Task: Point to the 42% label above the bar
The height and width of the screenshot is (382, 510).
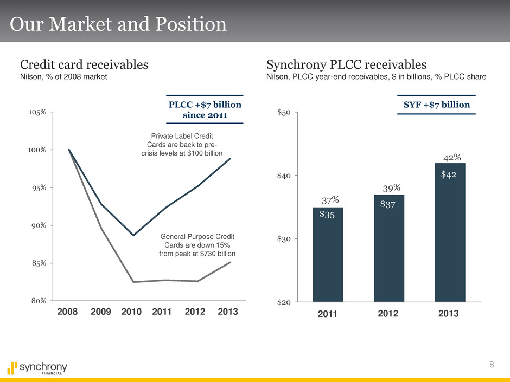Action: pos(452,158)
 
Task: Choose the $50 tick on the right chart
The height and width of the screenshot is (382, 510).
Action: pos(285,112)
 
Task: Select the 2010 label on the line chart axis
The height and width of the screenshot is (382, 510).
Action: pos(131,313)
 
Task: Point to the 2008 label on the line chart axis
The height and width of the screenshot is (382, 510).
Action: pos(67,313)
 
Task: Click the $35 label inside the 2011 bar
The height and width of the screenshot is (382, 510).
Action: pos(327,215)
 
